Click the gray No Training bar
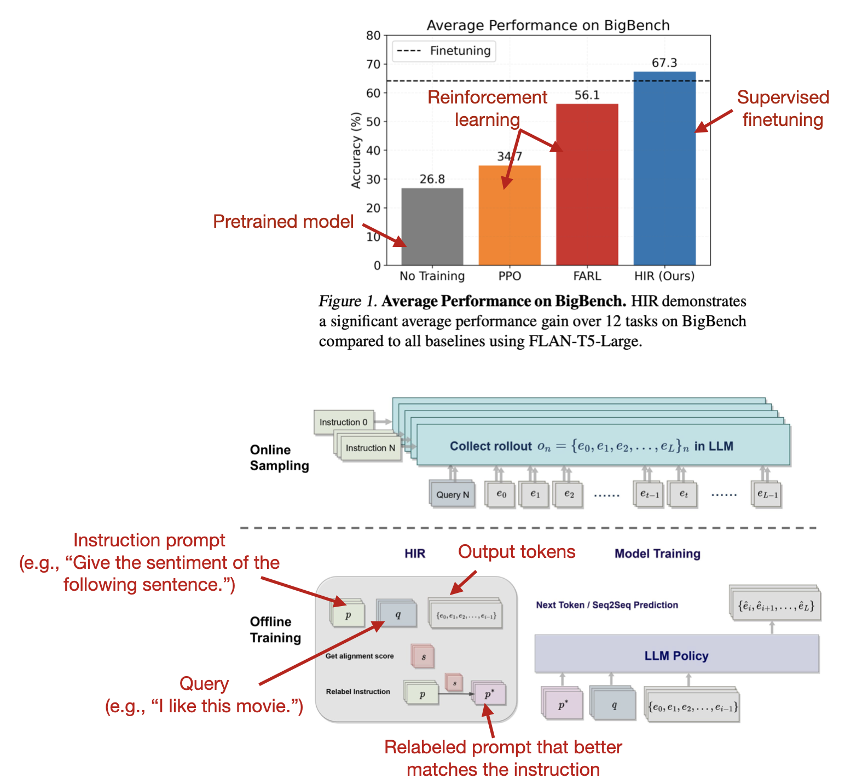tap(432, 227)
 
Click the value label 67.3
tap(664, 63)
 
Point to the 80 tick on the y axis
tap(373, 36)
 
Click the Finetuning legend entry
tap(444, 51)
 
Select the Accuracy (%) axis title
tap(356, 151)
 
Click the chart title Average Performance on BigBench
tap(548, 25)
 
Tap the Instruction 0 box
tap(344, 422)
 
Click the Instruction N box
tap(370, 448)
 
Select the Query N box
tap(453, 494)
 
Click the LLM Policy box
tap(676, 655)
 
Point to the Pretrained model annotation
tap(283, 221)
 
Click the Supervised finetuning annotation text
tap(783, 108)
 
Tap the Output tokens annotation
tap(517, 551)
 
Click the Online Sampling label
tap(279, 458)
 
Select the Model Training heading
tap(657, 554)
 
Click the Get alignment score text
tap(360, 656)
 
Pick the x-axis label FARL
tap(587, 276)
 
